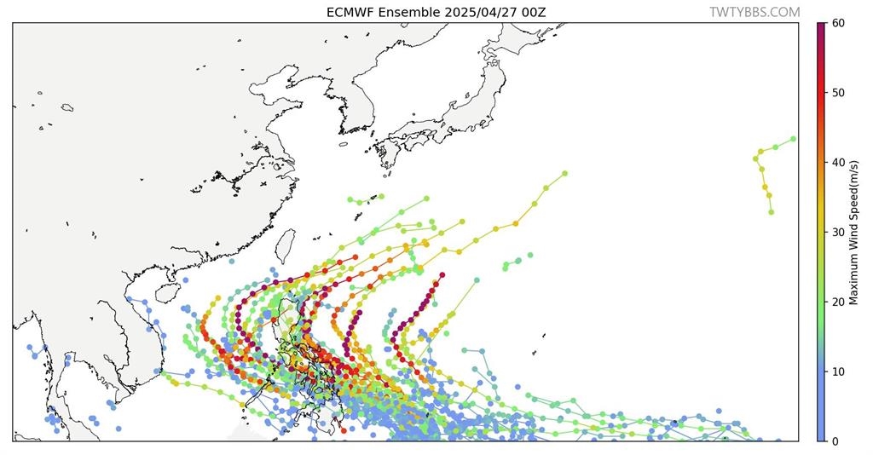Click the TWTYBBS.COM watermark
[x=754, y=13]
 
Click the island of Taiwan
[x=286, y=246]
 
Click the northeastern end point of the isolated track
[x=793, y=139]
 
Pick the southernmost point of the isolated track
[x=771, y=212]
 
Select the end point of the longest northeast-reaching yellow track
[x=564, y=174]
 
